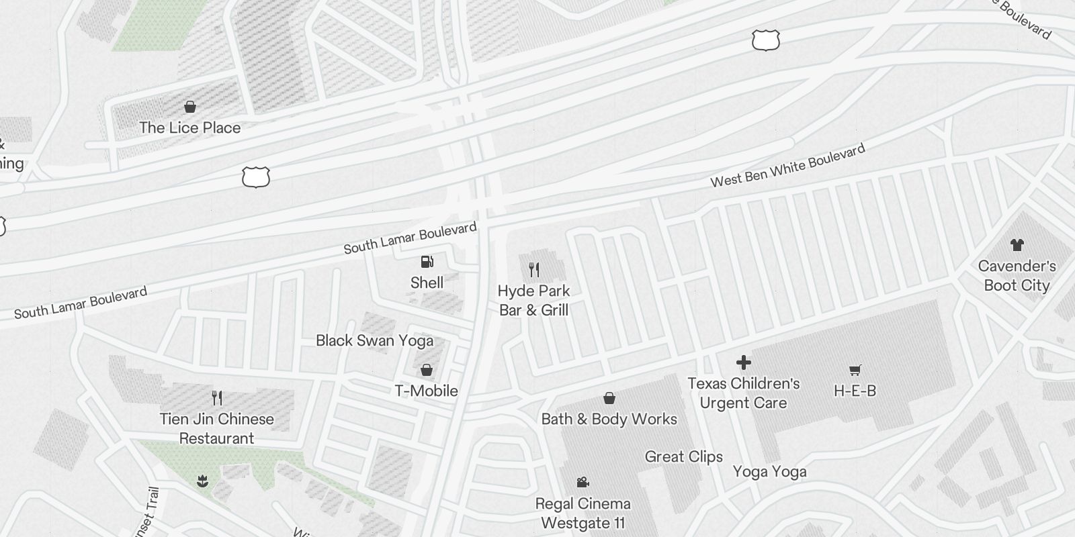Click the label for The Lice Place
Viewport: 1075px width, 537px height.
tap(189, 128)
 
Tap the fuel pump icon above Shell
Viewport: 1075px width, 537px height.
tap(427, 262)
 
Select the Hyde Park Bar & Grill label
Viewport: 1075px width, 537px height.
tap(533, 301)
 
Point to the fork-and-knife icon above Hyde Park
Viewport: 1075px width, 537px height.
tap(534, 270)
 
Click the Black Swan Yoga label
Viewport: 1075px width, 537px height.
tap(374, 340)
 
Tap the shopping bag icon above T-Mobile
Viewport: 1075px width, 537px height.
tap(426, 370)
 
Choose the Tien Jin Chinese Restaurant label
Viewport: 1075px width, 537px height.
tap(216, 428)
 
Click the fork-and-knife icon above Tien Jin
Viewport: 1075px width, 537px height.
tap(216, 398)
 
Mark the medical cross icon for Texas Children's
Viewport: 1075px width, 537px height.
tap(743, 362)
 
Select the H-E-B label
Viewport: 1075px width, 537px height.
tap(855, 391)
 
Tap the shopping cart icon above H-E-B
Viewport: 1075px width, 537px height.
tap(855, 370)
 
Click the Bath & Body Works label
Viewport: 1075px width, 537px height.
tap(609, 419)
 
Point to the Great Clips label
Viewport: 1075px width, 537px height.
tap(683, 456)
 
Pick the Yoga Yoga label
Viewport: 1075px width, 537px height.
tap(769, 472)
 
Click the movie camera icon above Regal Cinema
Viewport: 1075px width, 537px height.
tap(583, 483)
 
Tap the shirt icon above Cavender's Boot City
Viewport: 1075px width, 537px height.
tap(1017, 245)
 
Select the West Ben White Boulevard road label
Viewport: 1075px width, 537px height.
tap(787, 166)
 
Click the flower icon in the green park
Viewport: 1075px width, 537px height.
tap(202, 481)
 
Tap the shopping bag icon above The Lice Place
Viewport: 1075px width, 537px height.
tap(190, 107)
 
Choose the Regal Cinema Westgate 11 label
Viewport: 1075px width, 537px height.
tap(583, 513)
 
